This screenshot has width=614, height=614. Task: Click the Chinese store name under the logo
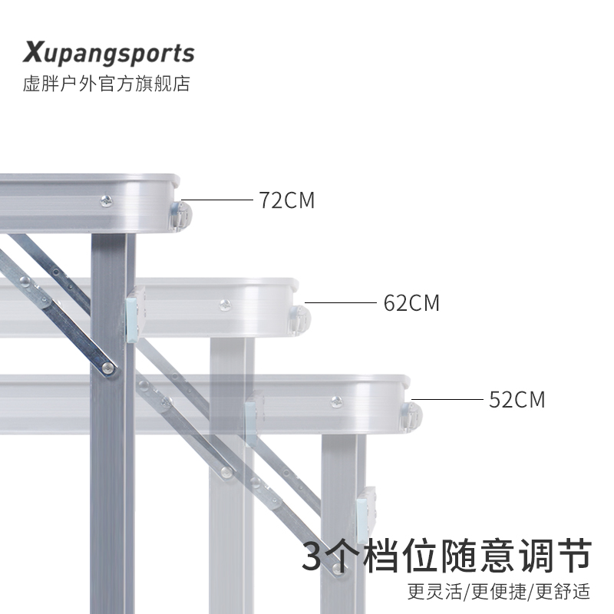[106, 84]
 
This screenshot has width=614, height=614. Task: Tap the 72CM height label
[287, 201]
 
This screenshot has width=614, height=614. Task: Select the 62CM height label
[412, 303]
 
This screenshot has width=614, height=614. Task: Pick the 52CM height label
[517, 400]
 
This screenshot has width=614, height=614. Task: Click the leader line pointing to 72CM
[222, 201]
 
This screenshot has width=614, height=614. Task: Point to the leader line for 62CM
[345, 302]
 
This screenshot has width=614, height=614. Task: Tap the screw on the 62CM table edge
[224, 304]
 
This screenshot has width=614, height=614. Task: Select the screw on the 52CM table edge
[335, 401]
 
